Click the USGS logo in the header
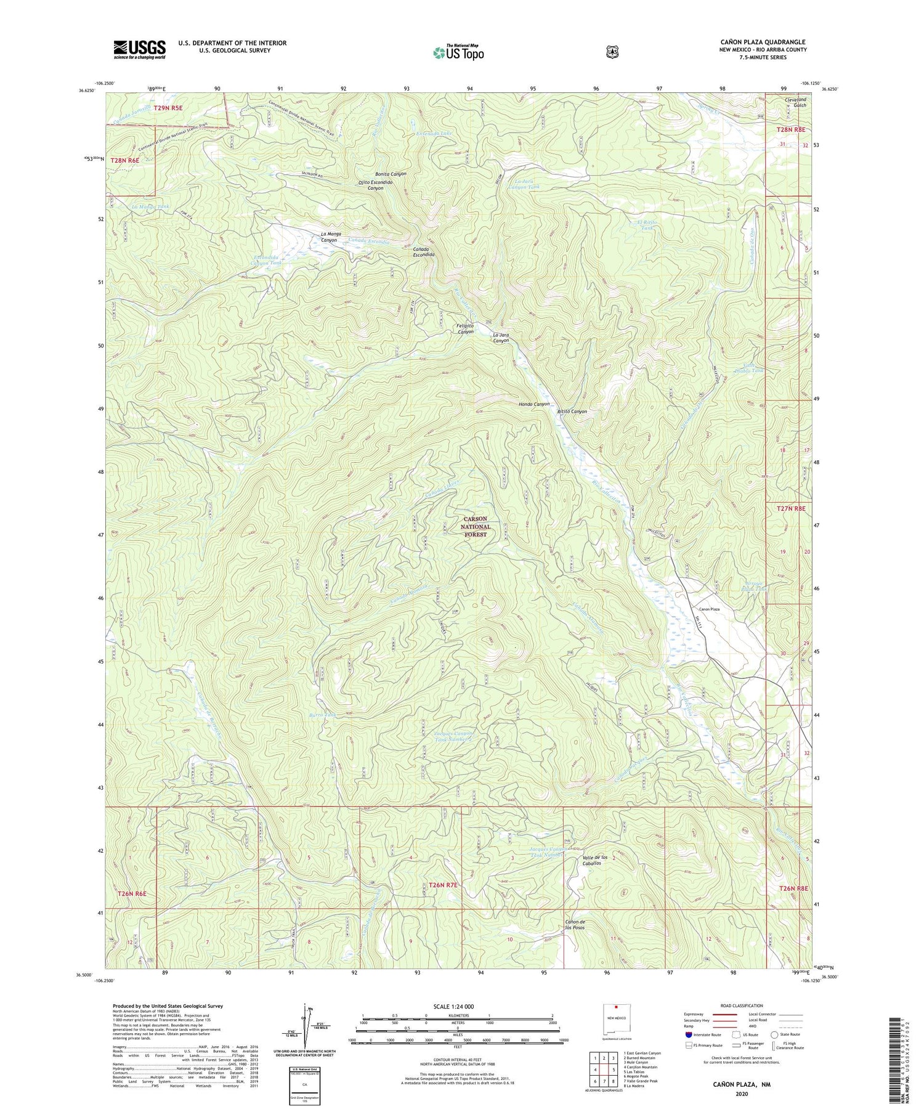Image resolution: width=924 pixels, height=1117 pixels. tap(139, 49)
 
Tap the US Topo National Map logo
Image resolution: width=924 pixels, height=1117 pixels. tap(458, 52)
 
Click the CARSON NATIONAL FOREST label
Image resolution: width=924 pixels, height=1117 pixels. tap(476, 527)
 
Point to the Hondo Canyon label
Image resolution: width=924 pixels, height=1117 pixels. tap(533, 404)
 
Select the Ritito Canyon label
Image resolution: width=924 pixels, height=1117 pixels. tap(572, 412)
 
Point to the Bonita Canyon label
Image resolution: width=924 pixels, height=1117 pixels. tap(391, 174)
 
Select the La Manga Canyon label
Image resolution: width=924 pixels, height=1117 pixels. tap(330, 237)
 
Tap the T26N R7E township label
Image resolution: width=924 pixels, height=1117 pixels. tap(444, 885)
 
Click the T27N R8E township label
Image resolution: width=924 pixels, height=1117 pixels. tap(791, 508)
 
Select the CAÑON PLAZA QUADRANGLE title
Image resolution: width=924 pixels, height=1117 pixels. tap(763, 42)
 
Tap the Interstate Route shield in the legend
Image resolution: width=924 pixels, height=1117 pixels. tap(689, 1034)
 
